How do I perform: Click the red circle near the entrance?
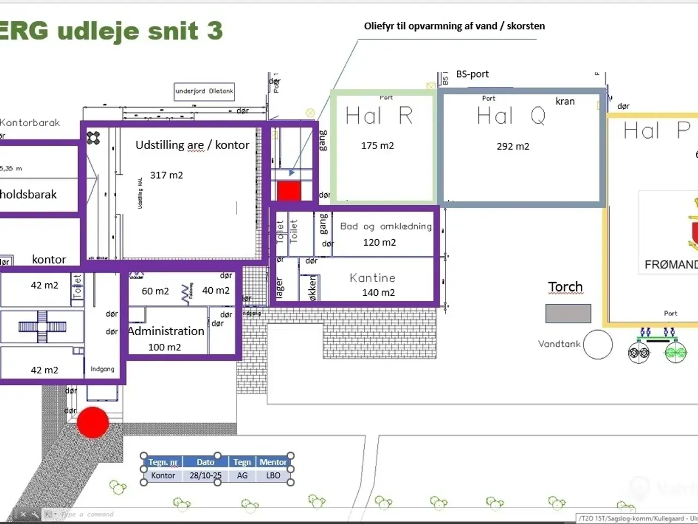tap(93, 422)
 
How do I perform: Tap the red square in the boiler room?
tap(289, 191)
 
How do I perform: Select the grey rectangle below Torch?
tap(568, 314)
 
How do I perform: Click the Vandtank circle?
tap(598, 344)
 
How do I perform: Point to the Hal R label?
tap(379, 116)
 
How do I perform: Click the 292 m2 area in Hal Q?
tap(513, 146)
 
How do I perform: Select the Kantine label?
tap(372, 278)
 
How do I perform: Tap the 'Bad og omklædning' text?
tap(386, 226)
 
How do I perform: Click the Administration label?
tap(166, 331)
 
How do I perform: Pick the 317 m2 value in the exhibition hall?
tap(166, 175)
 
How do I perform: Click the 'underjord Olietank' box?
tap(204, 91)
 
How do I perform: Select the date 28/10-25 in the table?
tap(206, 475)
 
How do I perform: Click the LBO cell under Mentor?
tap(273, 475)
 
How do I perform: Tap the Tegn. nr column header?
tap(163, 462)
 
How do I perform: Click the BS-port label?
tap(472, 74)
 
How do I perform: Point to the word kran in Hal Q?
tap(565, 101)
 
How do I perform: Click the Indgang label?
tap(102, 369)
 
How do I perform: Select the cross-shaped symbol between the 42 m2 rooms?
tap(42, 326)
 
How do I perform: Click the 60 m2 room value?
tap(155, 291)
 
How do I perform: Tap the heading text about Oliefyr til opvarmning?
tap(454, 26)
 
